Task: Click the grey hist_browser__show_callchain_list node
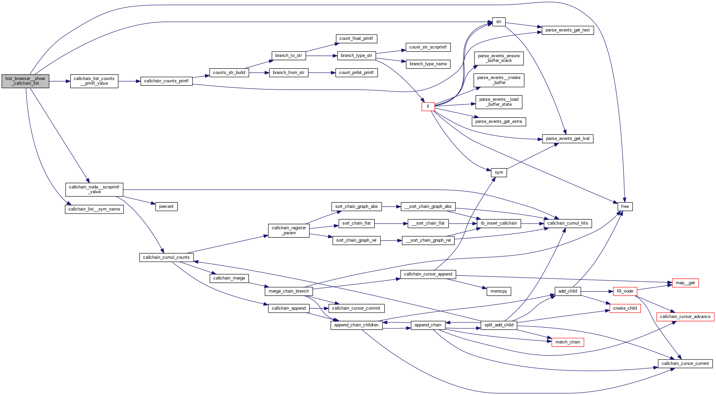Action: pyautogui.click(x=25, y=81)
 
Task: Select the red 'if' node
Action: pyautogui.click(x=428, y=106)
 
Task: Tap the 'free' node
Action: pyautogui.click(x=625, y=207)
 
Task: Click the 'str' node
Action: pyautogui.click(x=499, y=22)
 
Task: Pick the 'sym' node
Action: pyautogui.click(x=499, y=172)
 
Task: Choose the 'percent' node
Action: pyautogui.click(x=166, y=207)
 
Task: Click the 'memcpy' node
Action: pyautogui.click(x=499, y=291)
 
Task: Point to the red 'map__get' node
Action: pyautogui.click(x=685, y=283)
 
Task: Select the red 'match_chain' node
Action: pyautogui.click(x=567, y=342)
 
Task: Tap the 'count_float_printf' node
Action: pyautogui.click(x=356, y=38)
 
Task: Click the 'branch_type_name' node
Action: pyautogui.click(x=428, y=64)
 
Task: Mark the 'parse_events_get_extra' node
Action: pyautogui.click(x=499, y=122)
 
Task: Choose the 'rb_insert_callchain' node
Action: pyautogui.click(x=499, y=223)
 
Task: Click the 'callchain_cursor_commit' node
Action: pyautogui.click(x=356, y=308)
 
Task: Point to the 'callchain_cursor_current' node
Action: pyautogui.click(x=685, y=364)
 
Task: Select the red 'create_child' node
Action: pyautogui.click(x=625, y=308)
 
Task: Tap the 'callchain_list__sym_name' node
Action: pyautogui.click(x=94, y=209)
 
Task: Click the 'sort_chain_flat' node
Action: pyautogui.click(x=356, y=223)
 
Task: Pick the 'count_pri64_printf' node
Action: pyautogui.click(x=356, y=73)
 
